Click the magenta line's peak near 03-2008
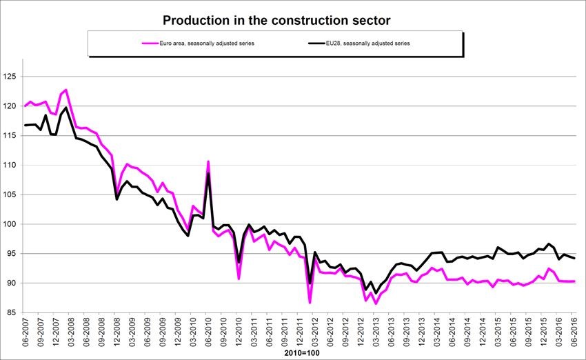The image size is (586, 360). (65, 90)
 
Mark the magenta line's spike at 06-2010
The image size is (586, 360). (208, 161)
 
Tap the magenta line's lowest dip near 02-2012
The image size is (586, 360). (310, 303)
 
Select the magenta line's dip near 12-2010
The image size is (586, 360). (239, 279)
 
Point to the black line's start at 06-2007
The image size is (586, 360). (26, 125)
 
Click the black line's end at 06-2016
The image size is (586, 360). (574, 258)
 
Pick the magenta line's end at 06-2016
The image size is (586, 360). (574, 281)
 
